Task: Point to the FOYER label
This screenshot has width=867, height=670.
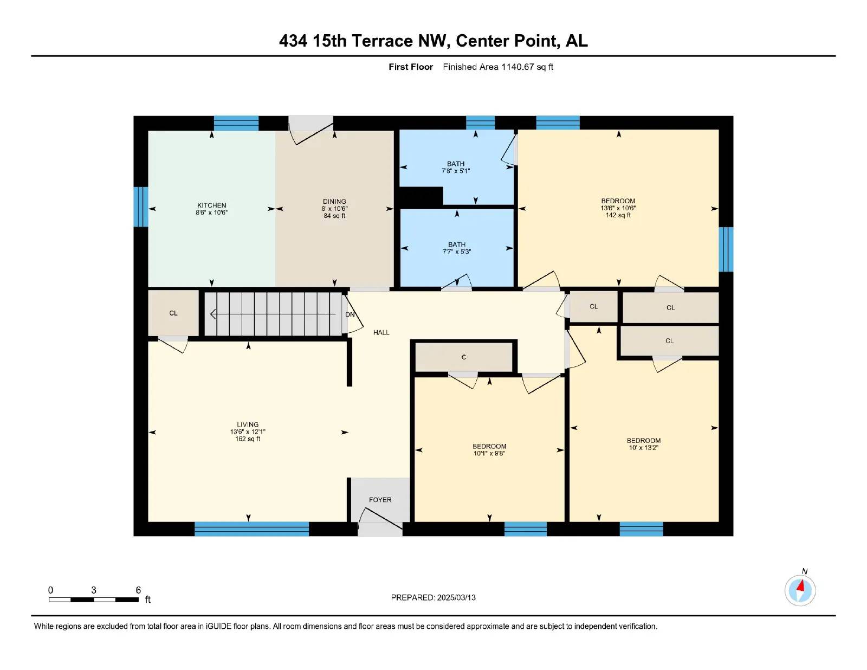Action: click(380, 500)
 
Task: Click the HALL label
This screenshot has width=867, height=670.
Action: click(381, 332)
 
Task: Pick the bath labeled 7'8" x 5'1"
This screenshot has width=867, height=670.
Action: click(456, 167)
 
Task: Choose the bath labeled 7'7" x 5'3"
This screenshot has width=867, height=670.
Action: click(457, 248)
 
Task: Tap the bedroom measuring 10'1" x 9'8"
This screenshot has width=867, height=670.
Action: click(489, 450)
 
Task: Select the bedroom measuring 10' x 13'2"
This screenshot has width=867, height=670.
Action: click(644, 444)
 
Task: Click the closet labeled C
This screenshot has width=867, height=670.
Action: click(464, 357)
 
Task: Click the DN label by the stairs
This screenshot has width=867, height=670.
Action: click(350, 314)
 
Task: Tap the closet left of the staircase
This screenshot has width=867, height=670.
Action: click(173, 313)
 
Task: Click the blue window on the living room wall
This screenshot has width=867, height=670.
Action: click(251, 529)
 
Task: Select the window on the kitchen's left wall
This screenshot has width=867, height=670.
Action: click(141, 207)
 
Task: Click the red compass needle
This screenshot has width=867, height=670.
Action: click(800, 586)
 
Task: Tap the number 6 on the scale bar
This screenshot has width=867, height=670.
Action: click(138, 590)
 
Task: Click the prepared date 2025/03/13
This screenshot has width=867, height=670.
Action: click(456, 597)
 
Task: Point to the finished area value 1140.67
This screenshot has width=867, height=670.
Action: click(517, 67)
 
